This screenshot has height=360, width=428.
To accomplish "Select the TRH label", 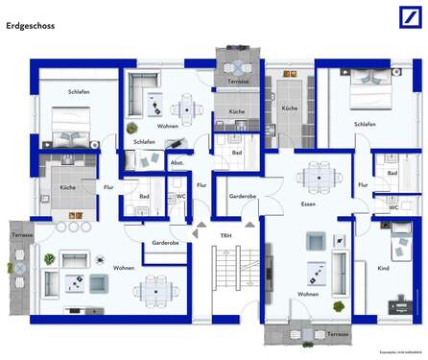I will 226,235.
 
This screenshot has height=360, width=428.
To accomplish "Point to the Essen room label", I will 308,204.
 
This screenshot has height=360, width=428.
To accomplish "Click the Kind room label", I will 384,269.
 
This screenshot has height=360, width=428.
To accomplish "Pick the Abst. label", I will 178,163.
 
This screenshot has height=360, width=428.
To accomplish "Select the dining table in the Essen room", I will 316,177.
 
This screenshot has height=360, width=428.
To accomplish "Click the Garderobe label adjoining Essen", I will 242,196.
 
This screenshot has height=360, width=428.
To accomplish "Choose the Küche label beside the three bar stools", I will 68,187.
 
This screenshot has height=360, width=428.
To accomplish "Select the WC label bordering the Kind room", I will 393,207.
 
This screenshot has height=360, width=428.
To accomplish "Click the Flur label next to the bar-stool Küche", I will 108,187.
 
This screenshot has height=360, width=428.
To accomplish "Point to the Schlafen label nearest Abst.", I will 145,141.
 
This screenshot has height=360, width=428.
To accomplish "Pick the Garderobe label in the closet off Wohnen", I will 165,243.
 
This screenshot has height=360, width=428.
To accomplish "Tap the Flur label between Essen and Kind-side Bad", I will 363,184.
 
